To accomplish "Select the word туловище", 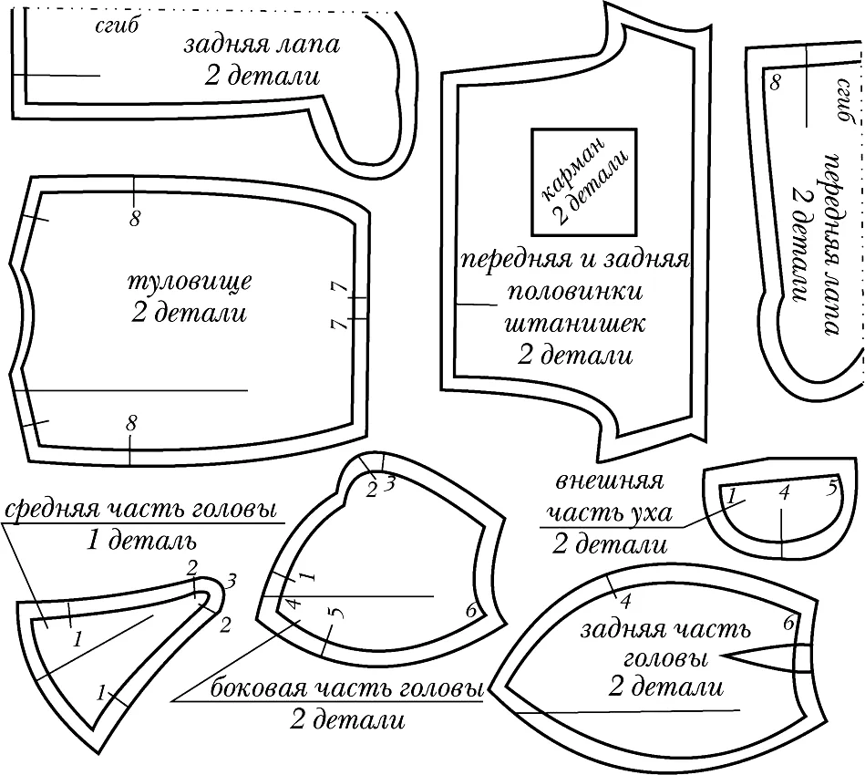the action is click(x=190, y=283).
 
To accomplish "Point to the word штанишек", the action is click(x=575, y=324).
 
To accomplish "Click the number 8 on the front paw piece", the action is click(x=775, y=83).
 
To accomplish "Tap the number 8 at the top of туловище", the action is click(x=135, y=219).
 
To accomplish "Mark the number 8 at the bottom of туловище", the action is click(x=130, y=424).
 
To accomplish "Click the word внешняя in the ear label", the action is click(x=608, y=482).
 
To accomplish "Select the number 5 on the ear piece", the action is click(x=832, y=488).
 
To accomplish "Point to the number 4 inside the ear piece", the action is click(x=785, y=491).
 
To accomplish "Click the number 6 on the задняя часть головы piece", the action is click(x=788, y=624).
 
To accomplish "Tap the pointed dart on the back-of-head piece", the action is click(x=767, y=656).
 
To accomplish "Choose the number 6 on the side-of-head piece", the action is click(x=470, y=611).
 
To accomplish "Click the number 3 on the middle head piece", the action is click(x=232, y=581).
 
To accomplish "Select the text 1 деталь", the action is click(x=141, y=542).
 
